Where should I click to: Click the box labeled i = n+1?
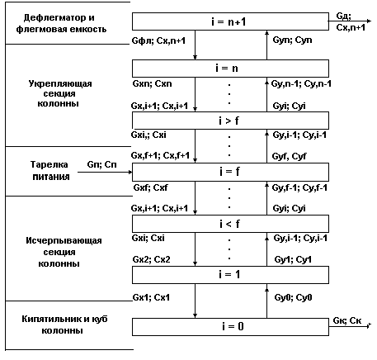click(x=230, y=21)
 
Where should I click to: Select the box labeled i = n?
click(x=230, y=69)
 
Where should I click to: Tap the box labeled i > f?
click(x=230, y=121)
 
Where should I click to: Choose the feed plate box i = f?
click(x=230, y=172)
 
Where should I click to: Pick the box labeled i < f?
click(x=230, y=224)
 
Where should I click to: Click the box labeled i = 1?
click(x=230, y=275)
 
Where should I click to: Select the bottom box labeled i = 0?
click(x=230, y=327)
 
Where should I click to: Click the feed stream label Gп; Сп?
click(x=101, y=164)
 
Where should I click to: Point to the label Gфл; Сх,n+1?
click(x=158, y=40)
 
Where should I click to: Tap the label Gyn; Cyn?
click(x=292, y=40)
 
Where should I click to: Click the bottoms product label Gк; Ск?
click(x=347, y=320)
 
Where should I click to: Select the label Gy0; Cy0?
click(x=293, y=297)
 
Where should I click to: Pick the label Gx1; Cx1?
click(x=151, y=297)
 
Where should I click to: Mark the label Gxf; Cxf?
click(x=150, y=187)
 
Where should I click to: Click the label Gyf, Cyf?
click(x=289, y=156)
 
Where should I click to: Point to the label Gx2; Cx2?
click(x=151, y=259)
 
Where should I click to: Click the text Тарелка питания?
click(x=49, y=170)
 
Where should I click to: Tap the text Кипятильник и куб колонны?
click(x=64, y=324)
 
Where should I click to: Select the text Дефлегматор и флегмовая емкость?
click(x=61, y=23)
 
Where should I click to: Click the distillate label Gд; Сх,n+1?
click(x=351, y=21)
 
